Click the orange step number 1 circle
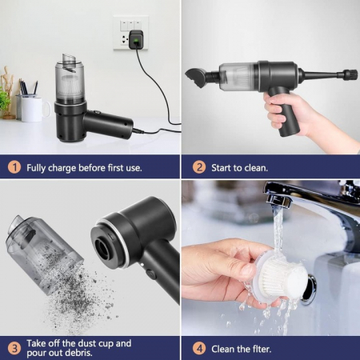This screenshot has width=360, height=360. [14, 167]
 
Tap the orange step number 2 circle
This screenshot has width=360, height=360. [199, 167]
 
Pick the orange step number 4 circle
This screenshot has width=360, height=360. [199, 347]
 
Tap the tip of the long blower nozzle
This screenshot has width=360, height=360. [350, 75]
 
